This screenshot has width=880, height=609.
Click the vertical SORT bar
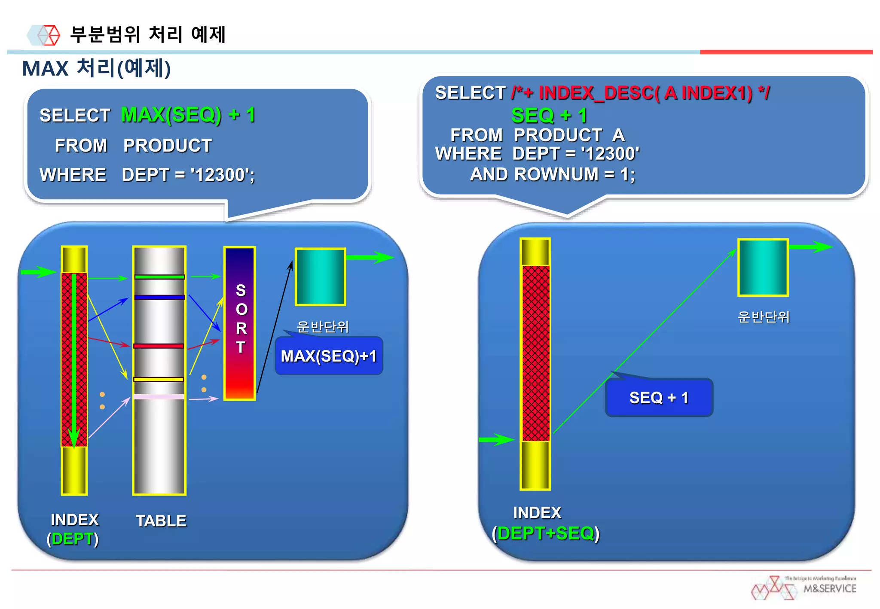pos(240,323)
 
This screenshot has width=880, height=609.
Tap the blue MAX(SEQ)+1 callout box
pos(329,356)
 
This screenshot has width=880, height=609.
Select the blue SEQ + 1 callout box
pos(659,398)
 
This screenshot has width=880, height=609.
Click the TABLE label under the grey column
pos(161,521)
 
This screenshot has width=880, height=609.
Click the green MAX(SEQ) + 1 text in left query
pos(188,115)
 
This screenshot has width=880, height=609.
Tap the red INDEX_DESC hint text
pos(641,93)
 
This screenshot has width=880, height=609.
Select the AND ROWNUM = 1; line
pos(553,174)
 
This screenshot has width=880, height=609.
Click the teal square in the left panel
pos(321,277)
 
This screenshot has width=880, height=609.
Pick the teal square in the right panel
pos(763,268)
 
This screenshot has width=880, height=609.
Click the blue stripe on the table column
pos(159,297)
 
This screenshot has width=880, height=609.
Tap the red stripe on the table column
pos(159,346)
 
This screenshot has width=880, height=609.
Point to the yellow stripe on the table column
pos(159,379)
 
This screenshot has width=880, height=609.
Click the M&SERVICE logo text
pos(830,588)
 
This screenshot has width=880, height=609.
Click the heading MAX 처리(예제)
pos(97,68)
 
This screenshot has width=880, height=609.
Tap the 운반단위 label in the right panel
pos(764,317)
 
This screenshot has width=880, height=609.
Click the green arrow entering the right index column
pos(496,439)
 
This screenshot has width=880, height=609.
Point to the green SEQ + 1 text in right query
pos(549,115)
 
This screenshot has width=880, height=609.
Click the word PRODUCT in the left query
pos(168,146)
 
